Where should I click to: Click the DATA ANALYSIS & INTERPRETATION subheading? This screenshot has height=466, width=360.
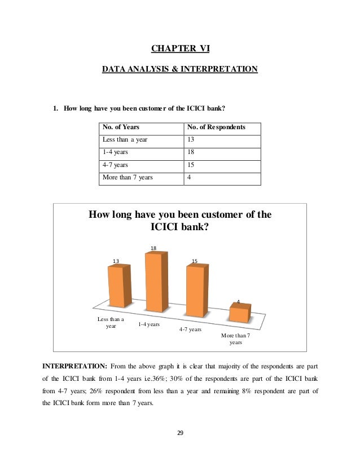tap(179, 69)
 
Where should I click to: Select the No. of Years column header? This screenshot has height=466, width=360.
tap(121, 128)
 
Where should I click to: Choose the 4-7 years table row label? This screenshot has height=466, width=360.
tap(115, 165)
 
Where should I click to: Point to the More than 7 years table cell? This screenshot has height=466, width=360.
tap(128, 178)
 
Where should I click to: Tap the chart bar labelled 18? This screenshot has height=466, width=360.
tap(156, 282)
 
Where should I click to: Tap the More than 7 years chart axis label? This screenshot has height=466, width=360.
tap(235, 339)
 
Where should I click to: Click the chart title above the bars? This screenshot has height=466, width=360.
tap(181, 221)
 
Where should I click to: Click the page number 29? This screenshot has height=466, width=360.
tap(180, 433)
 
